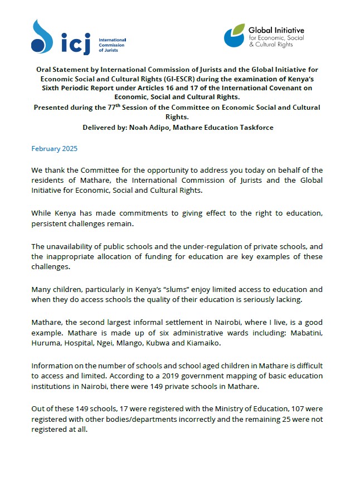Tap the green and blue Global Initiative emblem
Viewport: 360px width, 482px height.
235,36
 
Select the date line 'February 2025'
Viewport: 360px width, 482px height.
55,149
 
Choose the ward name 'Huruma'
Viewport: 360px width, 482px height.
47,343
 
